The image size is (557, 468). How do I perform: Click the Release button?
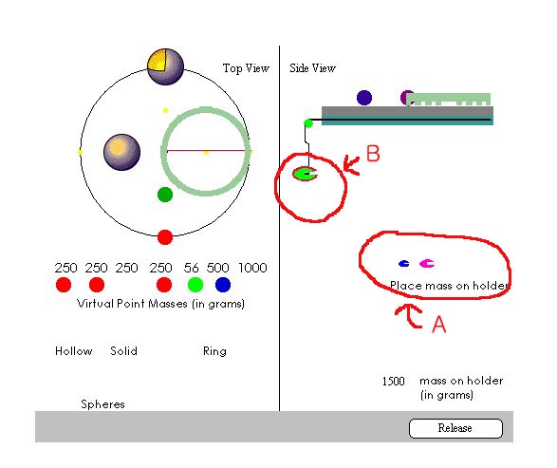click(455, 428)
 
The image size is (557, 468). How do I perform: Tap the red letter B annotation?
click(373, 154)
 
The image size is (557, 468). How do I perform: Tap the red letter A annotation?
click(439, 324)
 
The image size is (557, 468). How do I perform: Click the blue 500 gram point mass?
click(223, 285)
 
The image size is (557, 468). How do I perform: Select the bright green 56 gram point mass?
click(195, 285)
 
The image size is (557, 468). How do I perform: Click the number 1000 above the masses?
click(252, 268)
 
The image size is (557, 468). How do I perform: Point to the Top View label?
click(246, 67)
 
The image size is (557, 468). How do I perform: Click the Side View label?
click(312, 67)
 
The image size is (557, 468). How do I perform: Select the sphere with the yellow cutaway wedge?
click(165, 66)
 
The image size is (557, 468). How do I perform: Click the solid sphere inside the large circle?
click(121, 152)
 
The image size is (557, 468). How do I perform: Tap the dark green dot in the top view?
click(165, 195)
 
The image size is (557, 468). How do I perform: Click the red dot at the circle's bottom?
click(165, 237)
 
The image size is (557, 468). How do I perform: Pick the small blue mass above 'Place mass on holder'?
click(403, 264)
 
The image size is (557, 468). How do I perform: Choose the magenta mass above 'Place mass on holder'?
click(427, 263)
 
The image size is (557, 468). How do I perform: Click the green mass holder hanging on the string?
click(305, 174)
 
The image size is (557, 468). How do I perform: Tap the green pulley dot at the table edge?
click(308, 123)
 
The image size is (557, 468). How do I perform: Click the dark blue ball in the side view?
click(364, 98)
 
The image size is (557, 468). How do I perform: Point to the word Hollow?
click(73, 351)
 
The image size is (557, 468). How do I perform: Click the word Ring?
click(214, 351)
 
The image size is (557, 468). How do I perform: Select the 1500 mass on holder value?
click(393, 382)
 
